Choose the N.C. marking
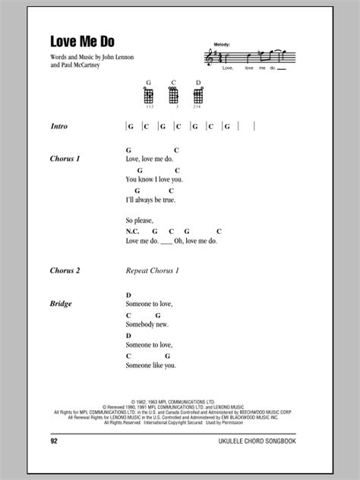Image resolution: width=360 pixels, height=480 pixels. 133,231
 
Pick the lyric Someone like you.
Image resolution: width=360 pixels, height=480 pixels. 151,365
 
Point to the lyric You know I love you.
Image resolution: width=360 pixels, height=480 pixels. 155,180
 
